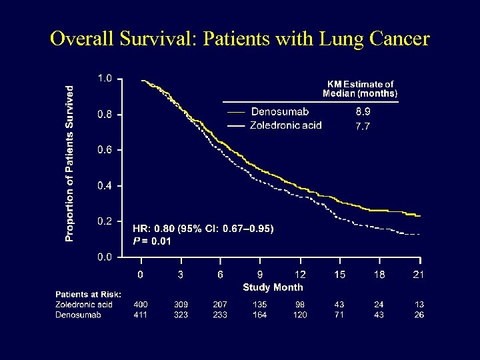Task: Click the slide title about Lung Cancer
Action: pos(240,39)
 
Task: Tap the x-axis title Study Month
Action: pos(272,287)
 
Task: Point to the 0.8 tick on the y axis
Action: pos(105,114)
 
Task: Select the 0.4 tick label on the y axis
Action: pos(105,185)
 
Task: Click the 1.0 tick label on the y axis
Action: pos(105,79)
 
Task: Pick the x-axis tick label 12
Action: pos(300,275)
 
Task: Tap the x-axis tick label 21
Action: pos(419,275)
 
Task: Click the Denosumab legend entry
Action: pos(279,111)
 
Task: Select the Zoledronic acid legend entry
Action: pos(285,125)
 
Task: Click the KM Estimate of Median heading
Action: pos(359,89)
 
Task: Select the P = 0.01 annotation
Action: pos(151,241)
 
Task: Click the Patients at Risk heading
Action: pos(88,295)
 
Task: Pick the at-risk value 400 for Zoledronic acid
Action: pos(141,305)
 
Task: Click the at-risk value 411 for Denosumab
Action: pos(141,315)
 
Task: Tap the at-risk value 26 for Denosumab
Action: pos(419,315)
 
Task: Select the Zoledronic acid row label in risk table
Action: pos(84,305)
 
